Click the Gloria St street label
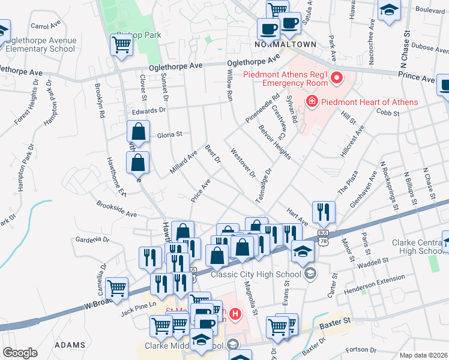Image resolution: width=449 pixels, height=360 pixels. click(x=169, y=135)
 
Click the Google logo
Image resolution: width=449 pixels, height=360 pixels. click(x=19, y=353)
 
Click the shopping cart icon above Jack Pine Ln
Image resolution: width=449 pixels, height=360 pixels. click(x=116, y=287)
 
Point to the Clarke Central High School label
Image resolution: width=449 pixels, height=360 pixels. click(x=417, y=247)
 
